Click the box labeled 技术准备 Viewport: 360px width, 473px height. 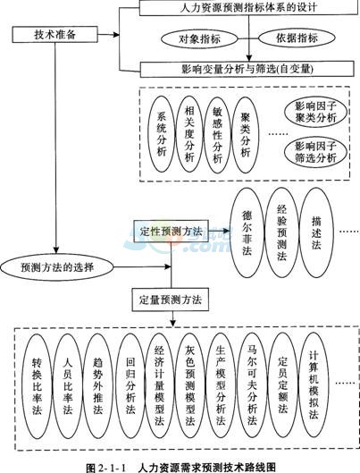click(x=54, y=34)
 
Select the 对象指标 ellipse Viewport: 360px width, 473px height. click(x=199, y=38)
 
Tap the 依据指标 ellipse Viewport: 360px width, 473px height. click(x=297, y=38)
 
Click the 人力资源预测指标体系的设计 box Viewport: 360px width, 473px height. click(x=249, y=7)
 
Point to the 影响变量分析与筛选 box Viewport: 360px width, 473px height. click(x=247, y=70)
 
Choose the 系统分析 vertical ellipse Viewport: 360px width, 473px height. click(x=162, y=134)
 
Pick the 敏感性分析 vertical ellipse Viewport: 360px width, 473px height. click(x=217, y=134)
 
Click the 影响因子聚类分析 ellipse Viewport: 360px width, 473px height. click(x=315, y=113)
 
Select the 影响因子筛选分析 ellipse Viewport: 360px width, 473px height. click(x=315, y=152)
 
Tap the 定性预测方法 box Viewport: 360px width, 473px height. click(x=172, y=232)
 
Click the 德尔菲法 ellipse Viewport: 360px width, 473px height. click(x=247, y=232)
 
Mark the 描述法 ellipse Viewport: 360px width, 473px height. click(x=316, y=232)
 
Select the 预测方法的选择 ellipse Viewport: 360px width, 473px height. click(x=57, y=267)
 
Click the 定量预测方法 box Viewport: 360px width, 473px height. click(x=171, y=300)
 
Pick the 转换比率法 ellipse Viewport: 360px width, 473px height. click(x=37, y=385)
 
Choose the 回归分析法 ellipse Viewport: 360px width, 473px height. click(x=130, y=385)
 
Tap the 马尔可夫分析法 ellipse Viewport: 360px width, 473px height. click(x=252, y=385)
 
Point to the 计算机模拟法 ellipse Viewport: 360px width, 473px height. click(x=314, y=385)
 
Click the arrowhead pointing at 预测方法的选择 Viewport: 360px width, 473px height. click(x=55, y=250)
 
